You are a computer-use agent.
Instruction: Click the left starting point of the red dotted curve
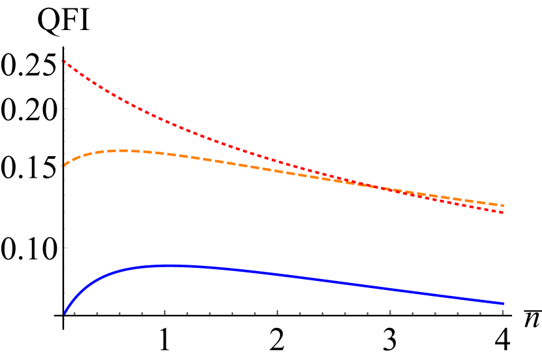(x=63, y=61)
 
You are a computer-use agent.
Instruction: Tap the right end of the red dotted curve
(x=503, y=212)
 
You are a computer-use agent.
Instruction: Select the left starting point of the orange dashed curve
(x=63, y=165)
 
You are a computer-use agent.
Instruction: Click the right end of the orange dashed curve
(x=503, y=205)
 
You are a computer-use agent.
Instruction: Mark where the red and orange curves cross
(x=375, y=187)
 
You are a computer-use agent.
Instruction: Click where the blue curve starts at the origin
(x=65, y=314)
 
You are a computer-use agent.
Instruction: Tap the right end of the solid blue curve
(x=503, y=304)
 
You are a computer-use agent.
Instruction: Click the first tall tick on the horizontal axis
(x=165, y=312)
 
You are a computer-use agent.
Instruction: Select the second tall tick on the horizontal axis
(x=278, y=312)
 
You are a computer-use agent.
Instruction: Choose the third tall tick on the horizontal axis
(x=391, y=312)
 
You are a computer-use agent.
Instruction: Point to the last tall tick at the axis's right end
(x=503, y=312)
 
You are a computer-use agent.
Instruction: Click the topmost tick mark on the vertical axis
(x=65, y=49)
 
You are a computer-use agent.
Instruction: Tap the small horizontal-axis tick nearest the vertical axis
(x=74, y=313)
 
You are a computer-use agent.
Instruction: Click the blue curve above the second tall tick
(x=278, y=274)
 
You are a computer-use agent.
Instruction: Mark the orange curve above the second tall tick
(x=278, y=171)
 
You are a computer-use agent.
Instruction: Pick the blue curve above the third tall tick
(x=391, y=289)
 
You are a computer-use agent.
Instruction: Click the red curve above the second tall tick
(x=278, y=161)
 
